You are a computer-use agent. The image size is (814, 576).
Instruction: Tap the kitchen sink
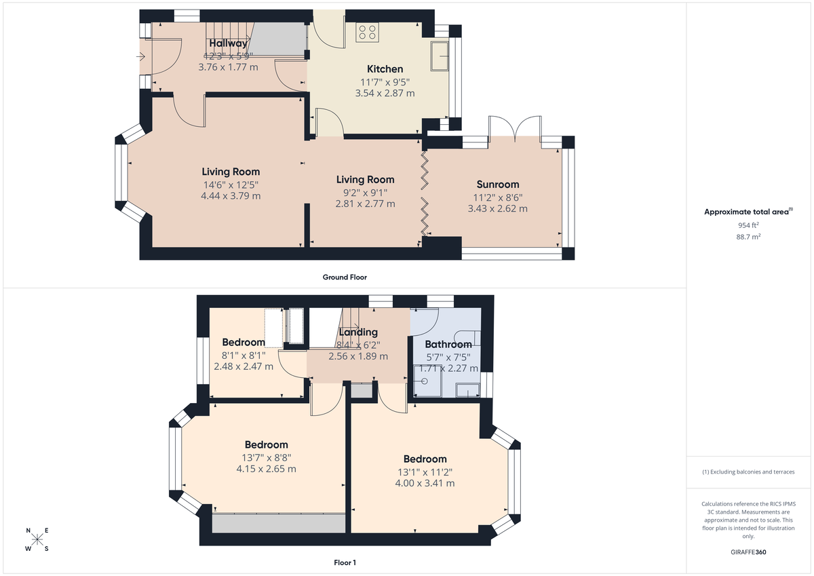pyautogui.click(x=439, y=56)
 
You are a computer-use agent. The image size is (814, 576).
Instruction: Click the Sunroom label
pyautogui.click(x=497, y=185)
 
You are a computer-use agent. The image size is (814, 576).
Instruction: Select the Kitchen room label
pyautogui.click(x=385, y=69)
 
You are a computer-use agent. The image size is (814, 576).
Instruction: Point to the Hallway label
pyautogui.click(x=228, y=44)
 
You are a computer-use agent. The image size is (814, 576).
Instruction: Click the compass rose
pyautogui.click(x=37, y=540)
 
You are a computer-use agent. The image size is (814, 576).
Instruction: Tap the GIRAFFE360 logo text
pyautogui.click(x=748, y=552)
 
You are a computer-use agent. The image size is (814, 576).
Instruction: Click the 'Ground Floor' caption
pyautogui.click(x=345, y=277)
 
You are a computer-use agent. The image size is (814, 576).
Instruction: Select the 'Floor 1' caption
pyautogui.click(x=345, y=562)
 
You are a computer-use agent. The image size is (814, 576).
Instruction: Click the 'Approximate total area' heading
pyautogui.click(x=746, y=212)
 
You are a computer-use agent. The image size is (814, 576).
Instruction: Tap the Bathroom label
pyautogui.click(x=448, y=345)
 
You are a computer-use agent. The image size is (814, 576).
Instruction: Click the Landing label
pyautogui.click(x=358, y=332)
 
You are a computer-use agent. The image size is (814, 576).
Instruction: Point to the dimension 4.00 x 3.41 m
pyautogui.click(x=425, y=484)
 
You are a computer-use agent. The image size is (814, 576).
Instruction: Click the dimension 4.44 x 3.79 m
pyautogui.click(x=231, y=196)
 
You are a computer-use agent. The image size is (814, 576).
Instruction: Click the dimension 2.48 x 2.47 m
pyautogui.click(x=244, y=366)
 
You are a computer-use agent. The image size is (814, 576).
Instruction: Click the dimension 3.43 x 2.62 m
pyautogui.click(x=497, y=209)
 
